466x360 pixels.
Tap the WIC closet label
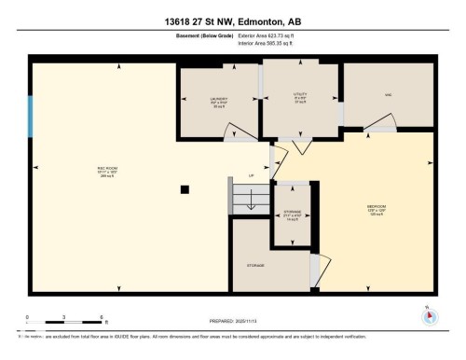point(388,95)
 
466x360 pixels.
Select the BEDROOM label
point(377,206)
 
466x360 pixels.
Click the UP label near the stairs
point(251,176)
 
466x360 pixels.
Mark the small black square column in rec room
point(185,189)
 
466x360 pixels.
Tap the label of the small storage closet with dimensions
point(291,213)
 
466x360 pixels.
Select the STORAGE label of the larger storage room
point(255,266)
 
